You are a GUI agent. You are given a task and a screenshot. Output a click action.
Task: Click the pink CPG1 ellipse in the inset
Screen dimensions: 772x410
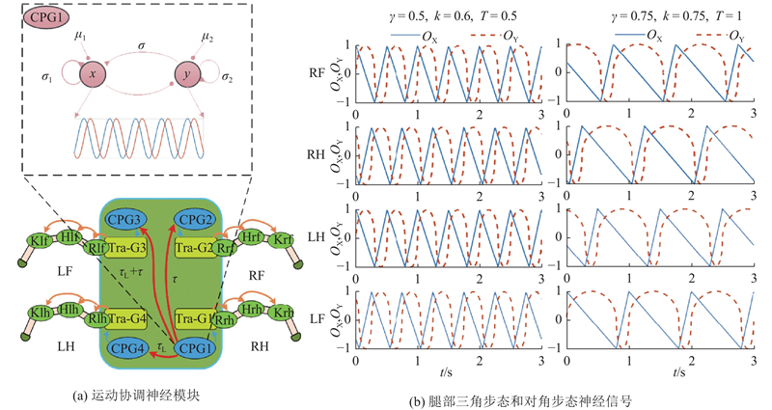coord(45,17)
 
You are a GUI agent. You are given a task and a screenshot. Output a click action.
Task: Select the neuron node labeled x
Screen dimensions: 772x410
coord(93,74)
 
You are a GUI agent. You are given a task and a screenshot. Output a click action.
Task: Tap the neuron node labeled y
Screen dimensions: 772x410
coord(187,75)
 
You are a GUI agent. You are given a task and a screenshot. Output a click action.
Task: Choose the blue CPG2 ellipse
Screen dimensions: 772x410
coord(196,220)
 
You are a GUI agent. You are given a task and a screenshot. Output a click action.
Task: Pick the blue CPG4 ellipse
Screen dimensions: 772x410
coord(127,348)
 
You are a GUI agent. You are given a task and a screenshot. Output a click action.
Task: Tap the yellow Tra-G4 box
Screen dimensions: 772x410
coord(126,319)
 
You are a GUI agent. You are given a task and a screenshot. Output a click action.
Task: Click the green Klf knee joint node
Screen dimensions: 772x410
coord(40,240)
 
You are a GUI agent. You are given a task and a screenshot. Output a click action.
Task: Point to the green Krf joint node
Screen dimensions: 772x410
coord(282,239)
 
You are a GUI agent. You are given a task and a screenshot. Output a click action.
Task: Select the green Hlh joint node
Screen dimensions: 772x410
coord(68,309)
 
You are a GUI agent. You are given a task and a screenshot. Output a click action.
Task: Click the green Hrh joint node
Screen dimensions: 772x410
coord(252,309)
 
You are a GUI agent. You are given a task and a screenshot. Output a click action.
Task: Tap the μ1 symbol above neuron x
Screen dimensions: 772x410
coord(80,36)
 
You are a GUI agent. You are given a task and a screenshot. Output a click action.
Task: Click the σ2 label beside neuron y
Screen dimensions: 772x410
coord(227,77)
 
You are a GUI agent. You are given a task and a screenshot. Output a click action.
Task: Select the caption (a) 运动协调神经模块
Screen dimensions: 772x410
coord(136,396)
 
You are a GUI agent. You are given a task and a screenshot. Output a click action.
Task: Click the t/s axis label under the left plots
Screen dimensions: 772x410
coord(446,372)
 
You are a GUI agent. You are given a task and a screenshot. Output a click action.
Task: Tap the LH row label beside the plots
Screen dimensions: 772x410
coord(317,236)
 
